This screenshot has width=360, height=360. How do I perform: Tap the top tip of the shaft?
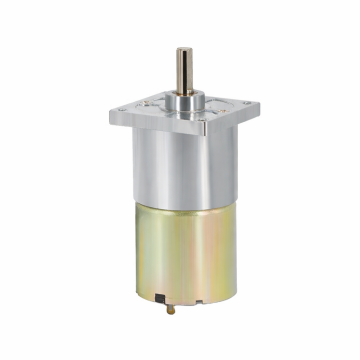coord(184,50)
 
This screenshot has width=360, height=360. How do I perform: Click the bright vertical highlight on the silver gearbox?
coord(160,165)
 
